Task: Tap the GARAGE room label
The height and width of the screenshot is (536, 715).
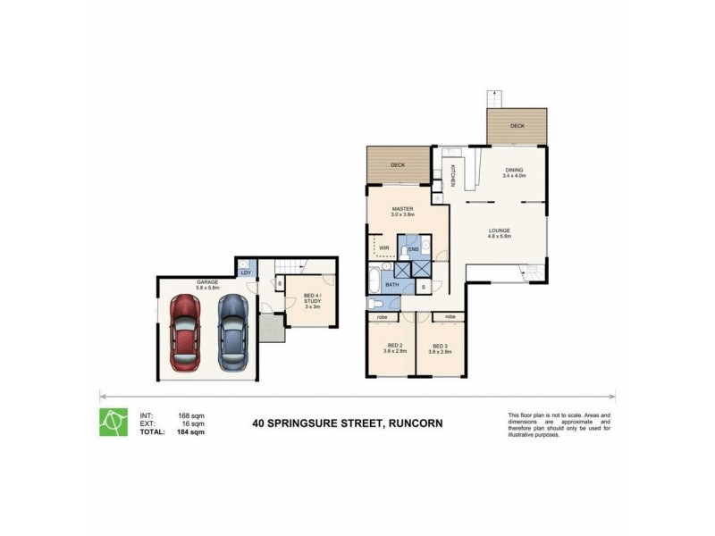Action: [x=207, y=282]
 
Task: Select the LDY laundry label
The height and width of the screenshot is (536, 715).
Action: [x=245, y=272]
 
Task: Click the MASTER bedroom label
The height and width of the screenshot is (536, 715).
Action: [x=404, y=208]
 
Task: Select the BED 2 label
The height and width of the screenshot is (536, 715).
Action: [x=394, y=347]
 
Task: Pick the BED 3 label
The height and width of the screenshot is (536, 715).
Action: [x=440, y=347]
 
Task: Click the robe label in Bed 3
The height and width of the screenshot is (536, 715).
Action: [x=450, y=316]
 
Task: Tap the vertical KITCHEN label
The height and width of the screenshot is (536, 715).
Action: [x=452, y=177]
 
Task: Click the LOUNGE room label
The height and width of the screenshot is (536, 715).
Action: [x=499, y=231]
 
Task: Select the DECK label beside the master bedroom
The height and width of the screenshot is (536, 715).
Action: [x=397, y=165]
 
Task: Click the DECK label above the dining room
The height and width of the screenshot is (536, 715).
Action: [x=517, y=126]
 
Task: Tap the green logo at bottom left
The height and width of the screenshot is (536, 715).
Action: [x=112, y=422]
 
